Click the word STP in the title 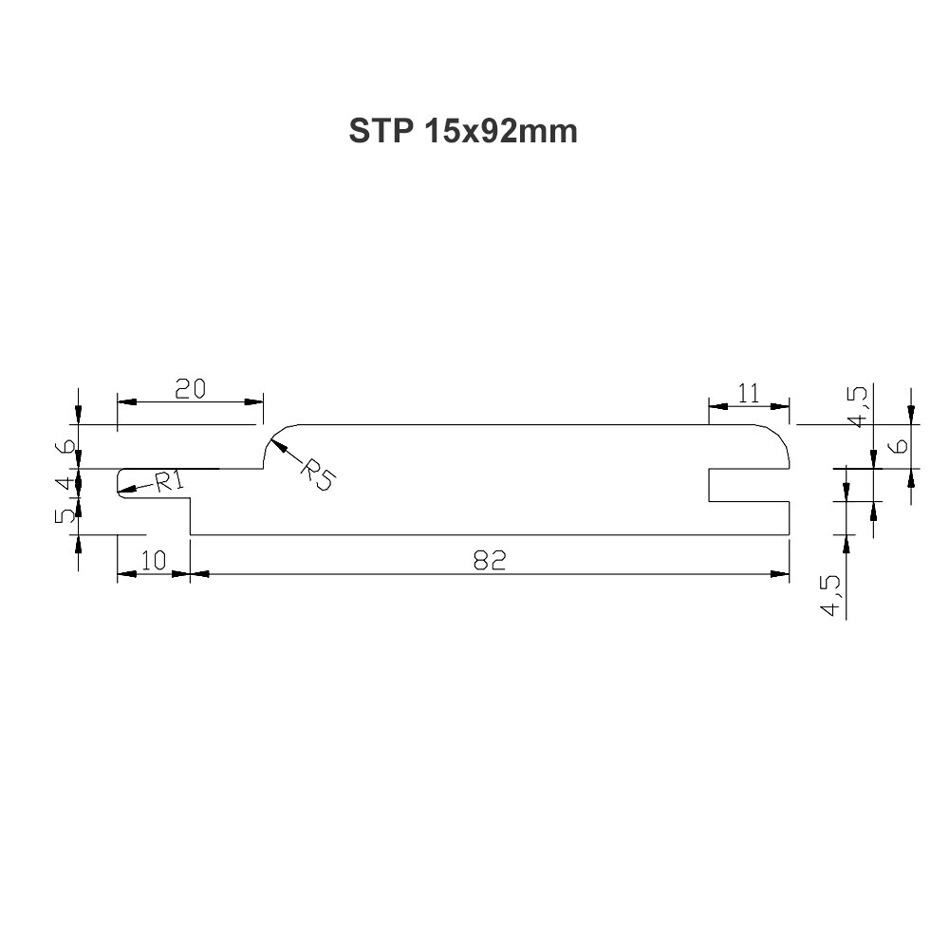(x=381, y=131)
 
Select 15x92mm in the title (x=501, y=131)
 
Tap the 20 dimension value (x=190, y=388)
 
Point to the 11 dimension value (x=749, y=394)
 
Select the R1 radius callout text (x=169, y=482)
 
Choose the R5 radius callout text (x=317, y=474)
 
